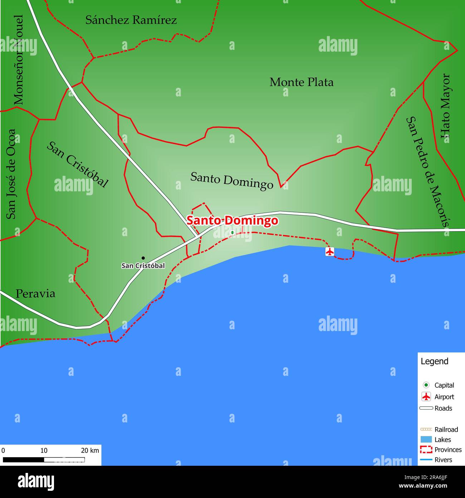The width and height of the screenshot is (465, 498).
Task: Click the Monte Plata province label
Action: [x=302, y=82]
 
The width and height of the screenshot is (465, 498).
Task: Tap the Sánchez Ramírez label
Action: [x=131, y=20]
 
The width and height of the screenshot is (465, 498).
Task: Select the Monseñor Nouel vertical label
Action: [x=18, y=60]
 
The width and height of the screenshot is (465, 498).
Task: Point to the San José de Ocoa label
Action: [x=11, y=174]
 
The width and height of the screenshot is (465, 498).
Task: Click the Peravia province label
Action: [x=35, y=294]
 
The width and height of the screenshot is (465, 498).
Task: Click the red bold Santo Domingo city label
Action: [x=232, y=220]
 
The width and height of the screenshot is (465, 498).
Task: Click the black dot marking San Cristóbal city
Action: [x=143, y=258]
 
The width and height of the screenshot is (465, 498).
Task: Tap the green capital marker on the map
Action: [x=232, y=233]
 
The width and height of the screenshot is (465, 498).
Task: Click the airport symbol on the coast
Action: [x=329, y=252]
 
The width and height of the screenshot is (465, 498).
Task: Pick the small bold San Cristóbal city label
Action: [x=143, y=266]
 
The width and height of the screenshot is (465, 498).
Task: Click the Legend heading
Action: [x=434, y=361]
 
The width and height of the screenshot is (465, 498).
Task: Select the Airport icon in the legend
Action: [x=426, y=397]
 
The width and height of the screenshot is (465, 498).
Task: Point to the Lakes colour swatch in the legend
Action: [x=426, y=440]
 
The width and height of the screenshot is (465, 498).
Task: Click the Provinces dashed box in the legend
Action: [x=426, y=450]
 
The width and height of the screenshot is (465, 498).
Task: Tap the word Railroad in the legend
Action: [x=446, y=430]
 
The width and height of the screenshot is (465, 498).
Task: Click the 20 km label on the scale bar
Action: [x=90, y=450]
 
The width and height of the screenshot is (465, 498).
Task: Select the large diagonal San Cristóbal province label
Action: [x=77, y=165]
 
